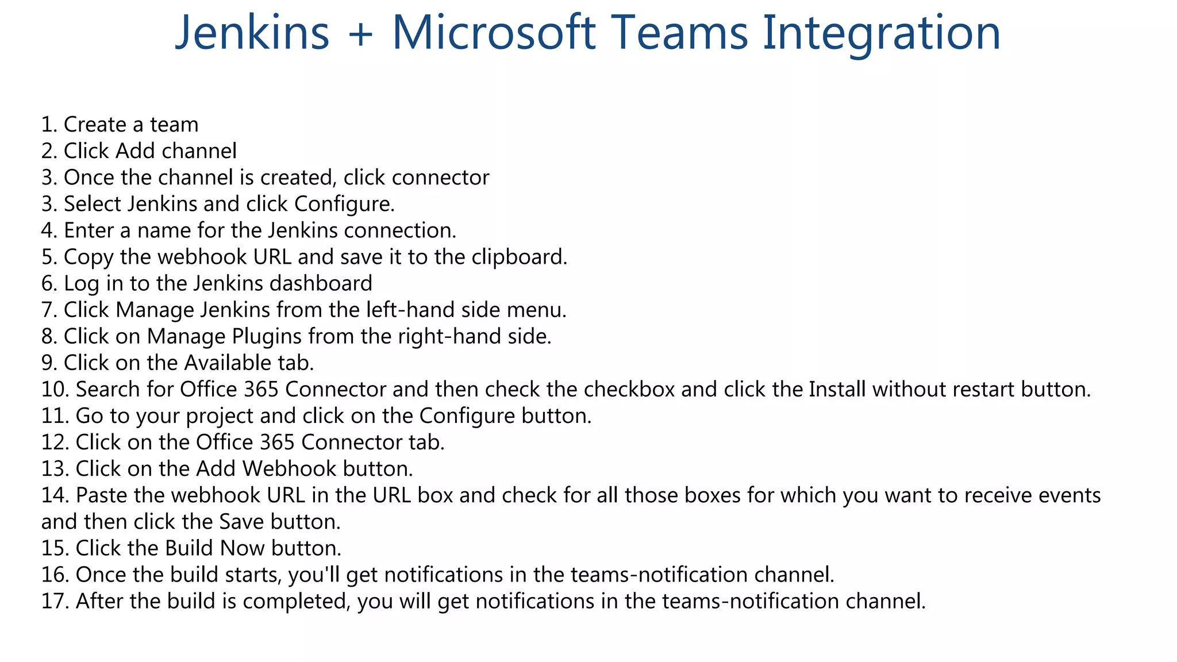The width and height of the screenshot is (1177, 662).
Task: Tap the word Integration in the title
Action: pyautogui.click(x=882, y=33)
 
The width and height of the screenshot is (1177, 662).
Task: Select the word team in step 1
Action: pyautogui.click(x=174, y=125)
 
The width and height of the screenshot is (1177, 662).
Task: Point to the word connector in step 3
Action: pyautogui.click(x=440, y=178)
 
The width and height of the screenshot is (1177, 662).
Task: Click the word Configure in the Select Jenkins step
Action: pyautogui.click(x=344, y=205)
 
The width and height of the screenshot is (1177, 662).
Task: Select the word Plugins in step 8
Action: pyautogui.click(x=267, y=337)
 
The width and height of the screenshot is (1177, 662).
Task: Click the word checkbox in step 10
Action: pyautogui.click(x=629, y=390)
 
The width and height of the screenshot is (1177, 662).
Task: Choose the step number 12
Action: pyautogui.click(x=55, y=442)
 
